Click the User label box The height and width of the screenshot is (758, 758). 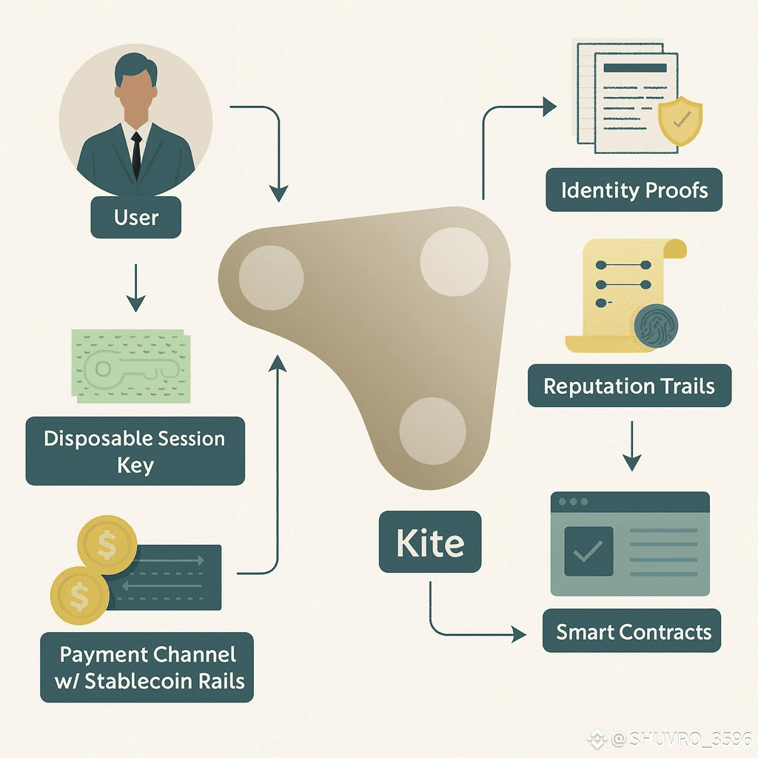pyautogui.click(x=136, y=218)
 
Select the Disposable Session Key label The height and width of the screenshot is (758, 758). pyautogui.click(x=135, y=451)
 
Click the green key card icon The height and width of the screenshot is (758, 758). pyautogui.click(x=130, y=366)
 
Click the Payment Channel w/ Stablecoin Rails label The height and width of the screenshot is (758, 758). pyautogui.click(x=147, y=667)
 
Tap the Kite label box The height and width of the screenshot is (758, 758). pyautogui.click(x=430, y=543)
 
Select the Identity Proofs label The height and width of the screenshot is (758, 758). pyautogui.click(x=634, y=190)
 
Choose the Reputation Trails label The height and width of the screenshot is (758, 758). pyautogui.click(x=629, y=386)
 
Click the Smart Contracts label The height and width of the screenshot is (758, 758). pyautogui.click(x=633, y=631)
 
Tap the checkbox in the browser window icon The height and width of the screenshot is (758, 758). pyautogui.click(x=588, y=551)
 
